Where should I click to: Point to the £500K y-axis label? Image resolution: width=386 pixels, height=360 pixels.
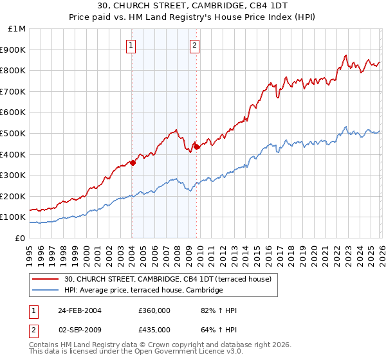(14, 133)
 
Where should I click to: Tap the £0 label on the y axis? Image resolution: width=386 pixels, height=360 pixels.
(21, 238)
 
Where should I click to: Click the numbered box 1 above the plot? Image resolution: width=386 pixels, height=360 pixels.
(131, 45)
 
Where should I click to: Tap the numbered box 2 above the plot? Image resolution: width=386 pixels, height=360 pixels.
(194, 45)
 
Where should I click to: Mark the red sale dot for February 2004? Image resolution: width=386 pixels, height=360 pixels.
(133, 163)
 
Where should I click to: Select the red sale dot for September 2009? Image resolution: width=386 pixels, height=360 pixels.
(196, 147)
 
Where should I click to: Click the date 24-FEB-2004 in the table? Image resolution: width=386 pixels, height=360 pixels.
(78, 310)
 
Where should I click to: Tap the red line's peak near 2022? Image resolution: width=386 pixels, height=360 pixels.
(346, 56)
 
